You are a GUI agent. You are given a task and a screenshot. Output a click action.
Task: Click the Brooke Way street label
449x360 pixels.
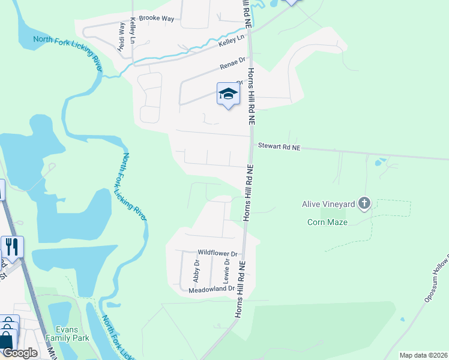click(156, 19)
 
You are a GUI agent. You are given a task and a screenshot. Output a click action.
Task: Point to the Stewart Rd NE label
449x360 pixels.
click(279, 146)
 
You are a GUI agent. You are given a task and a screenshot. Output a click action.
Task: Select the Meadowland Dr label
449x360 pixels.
click(211, 289)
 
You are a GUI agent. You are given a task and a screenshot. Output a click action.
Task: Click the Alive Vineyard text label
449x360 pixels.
click(328, 204)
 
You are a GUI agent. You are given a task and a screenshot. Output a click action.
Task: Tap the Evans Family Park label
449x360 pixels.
click(72, 334)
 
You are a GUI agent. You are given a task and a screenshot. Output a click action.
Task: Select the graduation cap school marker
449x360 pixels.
click(228, 94)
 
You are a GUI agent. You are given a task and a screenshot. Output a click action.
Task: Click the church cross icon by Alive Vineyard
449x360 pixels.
click(364, 204)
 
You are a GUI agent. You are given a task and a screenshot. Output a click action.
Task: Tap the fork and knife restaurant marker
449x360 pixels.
click(11, 247)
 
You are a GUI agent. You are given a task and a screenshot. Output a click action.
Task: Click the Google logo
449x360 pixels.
click(20, 353)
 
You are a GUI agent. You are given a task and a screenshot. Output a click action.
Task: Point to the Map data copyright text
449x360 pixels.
click(423, 355)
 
